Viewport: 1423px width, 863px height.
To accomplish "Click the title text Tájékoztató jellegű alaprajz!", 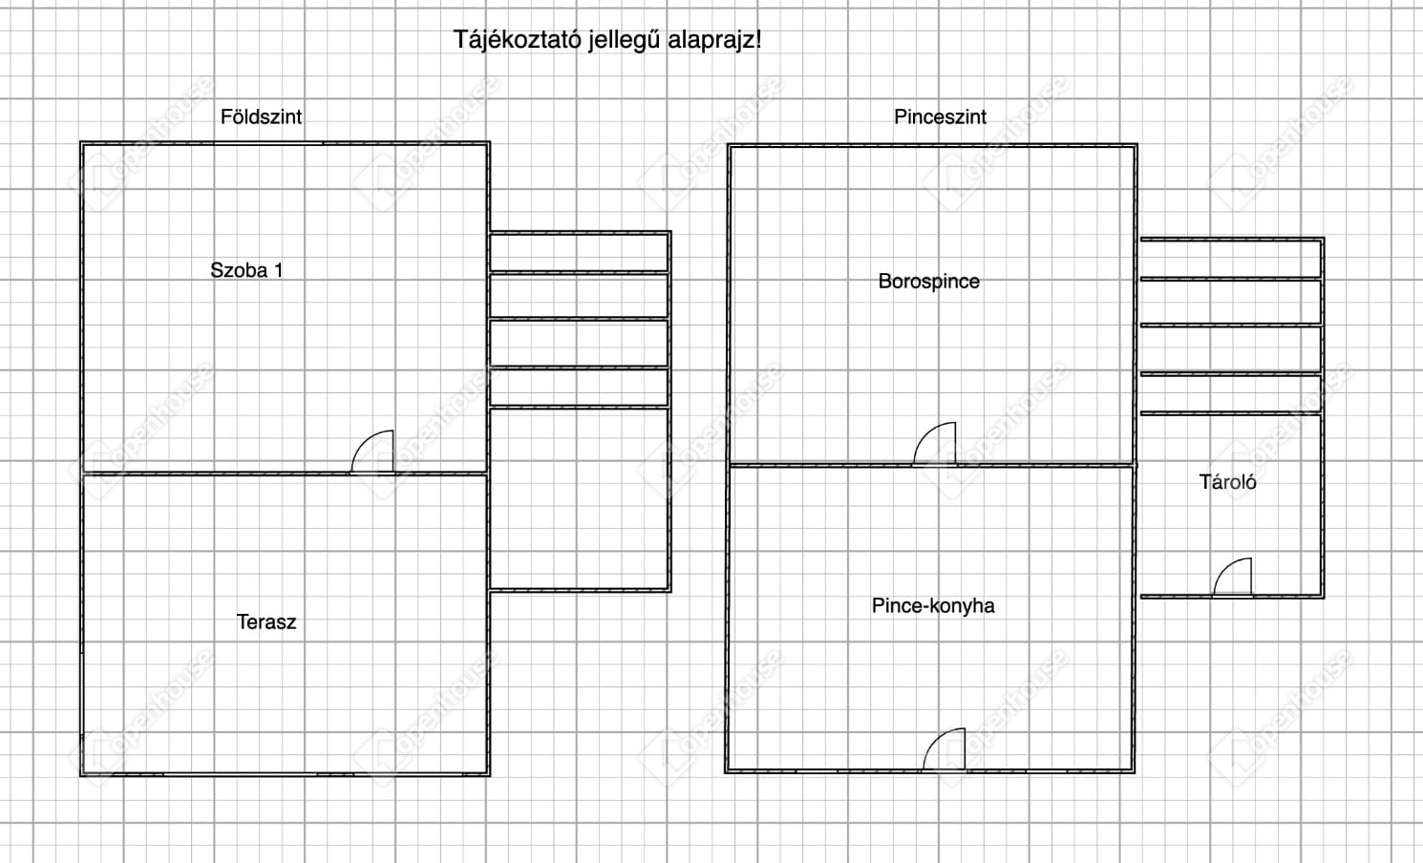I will tap(606, 40).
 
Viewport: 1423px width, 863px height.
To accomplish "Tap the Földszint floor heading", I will tap(261, 116).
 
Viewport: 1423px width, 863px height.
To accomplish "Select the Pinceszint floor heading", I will tap(940, 116).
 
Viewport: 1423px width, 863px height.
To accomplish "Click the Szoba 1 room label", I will tap(246, 270).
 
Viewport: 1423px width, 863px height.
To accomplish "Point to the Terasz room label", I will tap(266, 622).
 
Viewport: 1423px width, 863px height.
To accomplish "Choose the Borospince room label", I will tap(928, 282).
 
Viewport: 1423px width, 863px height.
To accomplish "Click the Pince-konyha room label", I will tap(933, 606).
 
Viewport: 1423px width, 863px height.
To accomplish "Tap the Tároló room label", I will tap(1227, 482).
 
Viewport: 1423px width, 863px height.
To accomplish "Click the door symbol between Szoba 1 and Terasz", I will tap(372, 453).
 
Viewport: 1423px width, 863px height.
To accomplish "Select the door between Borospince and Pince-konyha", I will tap(935, 444).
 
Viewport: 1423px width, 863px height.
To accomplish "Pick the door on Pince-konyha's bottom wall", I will tap(945, 749).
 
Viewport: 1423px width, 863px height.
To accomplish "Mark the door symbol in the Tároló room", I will tap(1233, 578).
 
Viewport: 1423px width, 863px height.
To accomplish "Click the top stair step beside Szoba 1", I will tap(579, 252).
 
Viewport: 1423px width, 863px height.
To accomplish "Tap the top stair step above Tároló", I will tap(1230, 258).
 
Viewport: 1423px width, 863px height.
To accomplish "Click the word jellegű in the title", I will tap(623, 40).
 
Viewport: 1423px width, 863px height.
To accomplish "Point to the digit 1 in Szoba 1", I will tap(278, 270).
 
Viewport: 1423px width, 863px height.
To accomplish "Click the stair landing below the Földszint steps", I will tap(579, 497).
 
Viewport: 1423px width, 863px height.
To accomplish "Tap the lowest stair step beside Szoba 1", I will tap(579, 388).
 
